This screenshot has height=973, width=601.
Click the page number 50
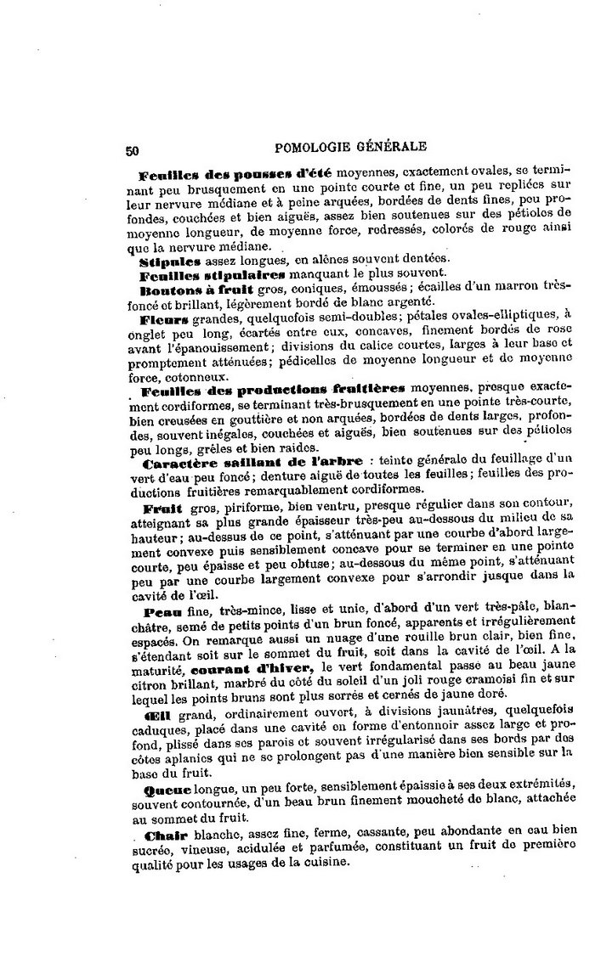pos(132,150)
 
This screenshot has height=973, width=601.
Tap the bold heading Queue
pos(164,790)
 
